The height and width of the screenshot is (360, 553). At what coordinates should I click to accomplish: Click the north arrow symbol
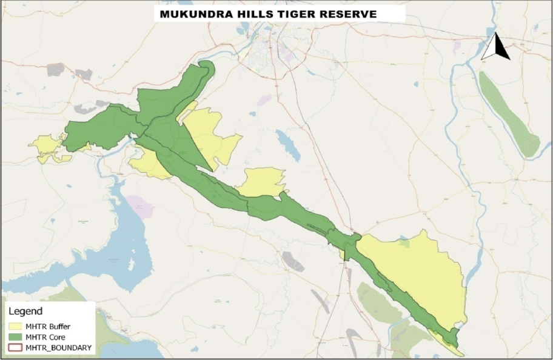496,47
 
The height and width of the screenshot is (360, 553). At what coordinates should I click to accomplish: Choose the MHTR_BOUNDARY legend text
58,348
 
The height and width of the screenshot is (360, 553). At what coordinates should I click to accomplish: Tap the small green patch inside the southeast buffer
403,243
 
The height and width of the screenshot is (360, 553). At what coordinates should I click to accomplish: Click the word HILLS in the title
255,14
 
